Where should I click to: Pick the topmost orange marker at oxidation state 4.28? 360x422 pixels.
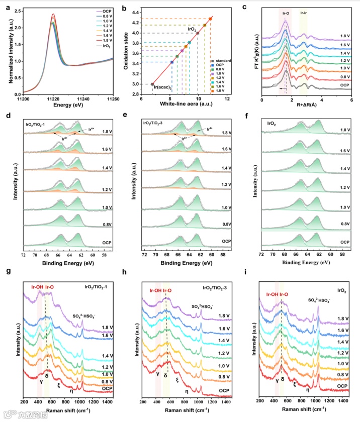(x=210, y=19)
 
